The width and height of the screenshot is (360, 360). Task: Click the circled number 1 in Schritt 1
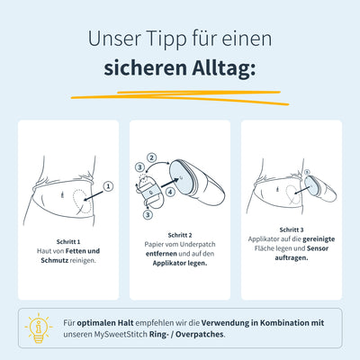pyautogui.click(x=108, y=186)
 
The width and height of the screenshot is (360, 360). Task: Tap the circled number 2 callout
pyautogui.click(x=152, y=157)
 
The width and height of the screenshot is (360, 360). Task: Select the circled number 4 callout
pyautogui.click(x=170, y=192)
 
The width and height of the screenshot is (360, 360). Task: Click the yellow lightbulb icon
pyautogui.click(x=38, y=328)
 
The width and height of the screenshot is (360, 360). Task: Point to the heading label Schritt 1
pyautogui.click(x=68, y=241)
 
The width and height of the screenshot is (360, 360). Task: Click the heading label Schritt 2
pyautogui.click(x=180, y=235)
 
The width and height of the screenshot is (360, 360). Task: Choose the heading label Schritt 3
pyautogui.click(x=292, y=229)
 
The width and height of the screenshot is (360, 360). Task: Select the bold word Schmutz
pyautogui.click(x=55, y=260)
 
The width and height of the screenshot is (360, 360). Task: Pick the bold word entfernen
pyautogui.click(x=161, y=254)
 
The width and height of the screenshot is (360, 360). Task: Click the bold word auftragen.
pyautogui.click(x=292, y=258)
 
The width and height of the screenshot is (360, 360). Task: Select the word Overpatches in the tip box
pyautogui.click(x=200, y=334)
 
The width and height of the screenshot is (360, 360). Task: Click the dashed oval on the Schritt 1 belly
pyautogui.click(x=82, y=201)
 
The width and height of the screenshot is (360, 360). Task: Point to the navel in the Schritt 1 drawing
pyautogui.click(x=62, y=195)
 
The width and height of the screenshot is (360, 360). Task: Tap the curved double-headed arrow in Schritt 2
pyautogui.click(x=156, y=165)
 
